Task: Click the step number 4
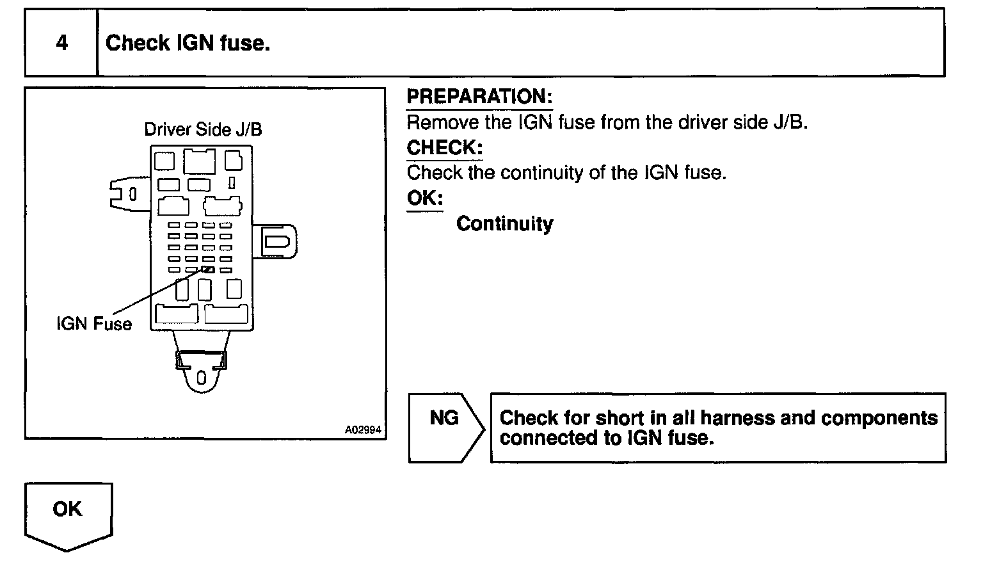click(61, 43)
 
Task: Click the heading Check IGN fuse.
click(188, 43)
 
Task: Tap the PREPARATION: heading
click(479, 97)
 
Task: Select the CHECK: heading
click(445, 148)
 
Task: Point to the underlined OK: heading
click(425, 198)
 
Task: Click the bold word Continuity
click(504, 224)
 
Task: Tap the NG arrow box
click(445, 427)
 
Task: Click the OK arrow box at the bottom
click(68, 514)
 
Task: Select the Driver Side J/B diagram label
click(203, 129)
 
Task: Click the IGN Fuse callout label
click(94, 324)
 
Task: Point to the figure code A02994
click(363, 430)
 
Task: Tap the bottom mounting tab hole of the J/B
click(201, 378)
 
